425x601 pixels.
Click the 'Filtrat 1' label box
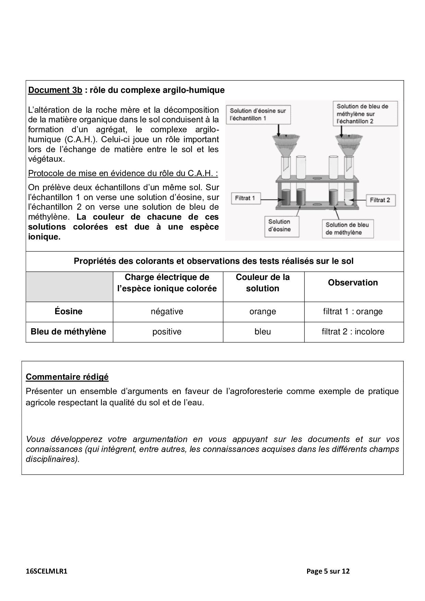pyautogui.click(x=245, y=198)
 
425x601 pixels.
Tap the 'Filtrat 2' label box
pyautogui.click(x=380, y=200)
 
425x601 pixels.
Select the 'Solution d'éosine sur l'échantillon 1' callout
pyautogui.click(x=258, y=114)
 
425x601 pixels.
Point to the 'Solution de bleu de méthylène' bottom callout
pyautogui.click(x=347, y=229)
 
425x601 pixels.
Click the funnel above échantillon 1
pyautogui.click(x=284, y=144)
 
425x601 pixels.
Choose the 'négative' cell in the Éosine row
pyautogui.click(x=167, y=311)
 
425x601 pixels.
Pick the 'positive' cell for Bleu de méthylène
pyautogui.click(x=167, y=332)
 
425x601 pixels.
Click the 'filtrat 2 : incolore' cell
pyautogui.click(x=353, y=332)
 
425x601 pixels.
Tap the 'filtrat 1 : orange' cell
pyautogui.click(x=353, y=311)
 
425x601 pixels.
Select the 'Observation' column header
pyautogui.click(x=353, y=283)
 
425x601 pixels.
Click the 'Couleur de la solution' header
pyautogui.click(x=263, y=283)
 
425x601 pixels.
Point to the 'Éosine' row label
pyautogui.click(x=69, y=311)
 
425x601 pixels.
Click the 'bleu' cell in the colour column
pyautogui.click(x=263, y=332)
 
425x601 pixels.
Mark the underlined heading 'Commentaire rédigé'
pyautogui.click(x=67, y=377)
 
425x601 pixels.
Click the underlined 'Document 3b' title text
pyautogui.click(x=55, y=90)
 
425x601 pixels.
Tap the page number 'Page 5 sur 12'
pyautogui.click(x=328, y=571)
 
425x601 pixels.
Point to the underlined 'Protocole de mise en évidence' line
pyautogui.click(x=123, y=173)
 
